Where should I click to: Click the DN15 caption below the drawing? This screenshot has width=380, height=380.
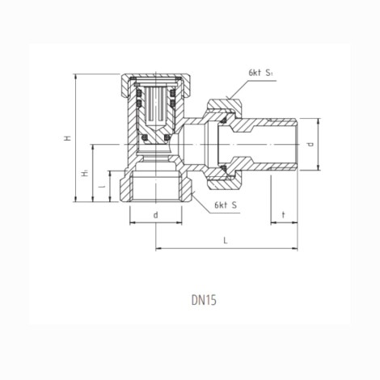[204, 301]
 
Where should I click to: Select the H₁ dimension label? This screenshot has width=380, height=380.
[85, 173]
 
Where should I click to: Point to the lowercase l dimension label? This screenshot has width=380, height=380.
[102, 186]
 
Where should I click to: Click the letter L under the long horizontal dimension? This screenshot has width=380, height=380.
[226, 240]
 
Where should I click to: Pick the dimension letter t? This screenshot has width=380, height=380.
[284, 215]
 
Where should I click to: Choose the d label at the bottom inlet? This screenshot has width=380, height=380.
[155, 215]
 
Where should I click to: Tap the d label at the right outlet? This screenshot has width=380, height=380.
[310, 144]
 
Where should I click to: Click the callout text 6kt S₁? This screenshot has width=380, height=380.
[260, 73]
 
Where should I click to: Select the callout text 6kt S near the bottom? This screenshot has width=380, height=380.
[226, 205]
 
